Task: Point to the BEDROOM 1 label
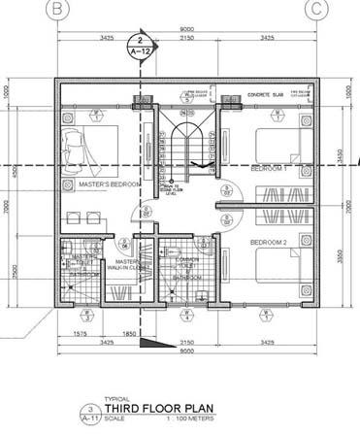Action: [267, 169]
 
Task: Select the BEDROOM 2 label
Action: [267, 241]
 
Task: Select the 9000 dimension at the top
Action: [184, 29]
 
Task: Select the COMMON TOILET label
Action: [187, 260]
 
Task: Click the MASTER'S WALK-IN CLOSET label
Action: [129, 265]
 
